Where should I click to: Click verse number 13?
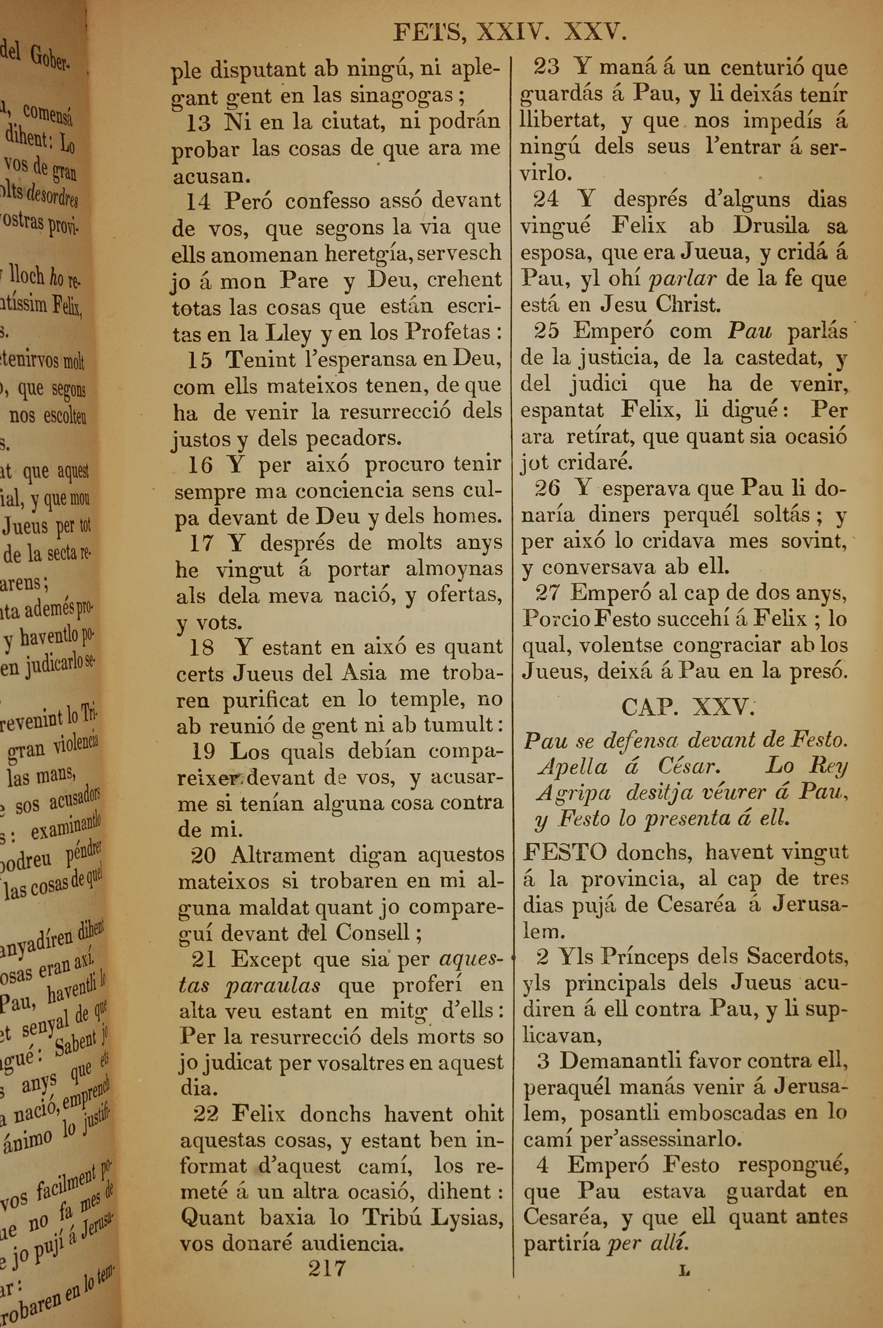click(x=198, y=123)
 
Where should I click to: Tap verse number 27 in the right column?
click(x=548, y=593)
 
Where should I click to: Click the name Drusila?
click(x=770, y=226)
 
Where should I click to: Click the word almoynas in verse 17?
click(x=454, y=569)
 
